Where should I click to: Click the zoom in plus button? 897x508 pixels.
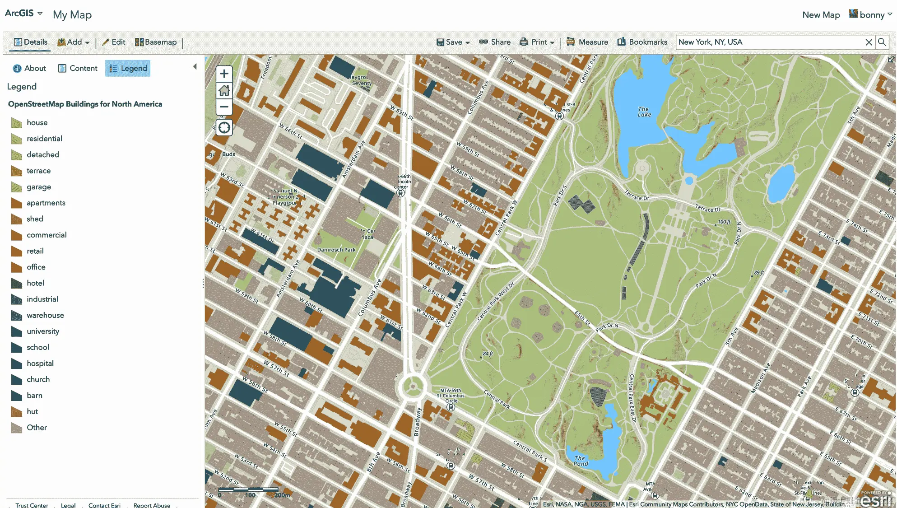click(224, 74)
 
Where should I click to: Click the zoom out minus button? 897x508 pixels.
click(224, 107)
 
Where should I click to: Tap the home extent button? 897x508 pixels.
click(224, 90)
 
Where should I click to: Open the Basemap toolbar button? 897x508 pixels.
click(156, 42)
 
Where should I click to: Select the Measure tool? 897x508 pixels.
click(587, 42)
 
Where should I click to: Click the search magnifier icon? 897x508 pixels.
click(882, 42)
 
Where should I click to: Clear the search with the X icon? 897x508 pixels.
click(869, 42)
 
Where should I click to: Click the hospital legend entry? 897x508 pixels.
click(40, 364)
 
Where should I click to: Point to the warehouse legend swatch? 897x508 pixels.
click(17, 315)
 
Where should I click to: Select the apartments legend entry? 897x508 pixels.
click(46, 203)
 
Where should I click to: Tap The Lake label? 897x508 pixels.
click(644, 112)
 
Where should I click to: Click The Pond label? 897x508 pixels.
click(581, 461)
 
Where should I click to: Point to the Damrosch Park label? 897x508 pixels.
click(336, 250)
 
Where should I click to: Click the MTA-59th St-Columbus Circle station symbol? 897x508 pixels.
click(451, 407)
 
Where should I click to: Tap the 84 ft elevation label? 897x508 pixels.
click(488, 354)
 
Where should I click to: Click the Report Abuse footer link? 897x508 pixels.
click(152, 505)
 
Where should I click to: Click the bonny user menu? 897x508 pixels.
click(871, 15)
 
